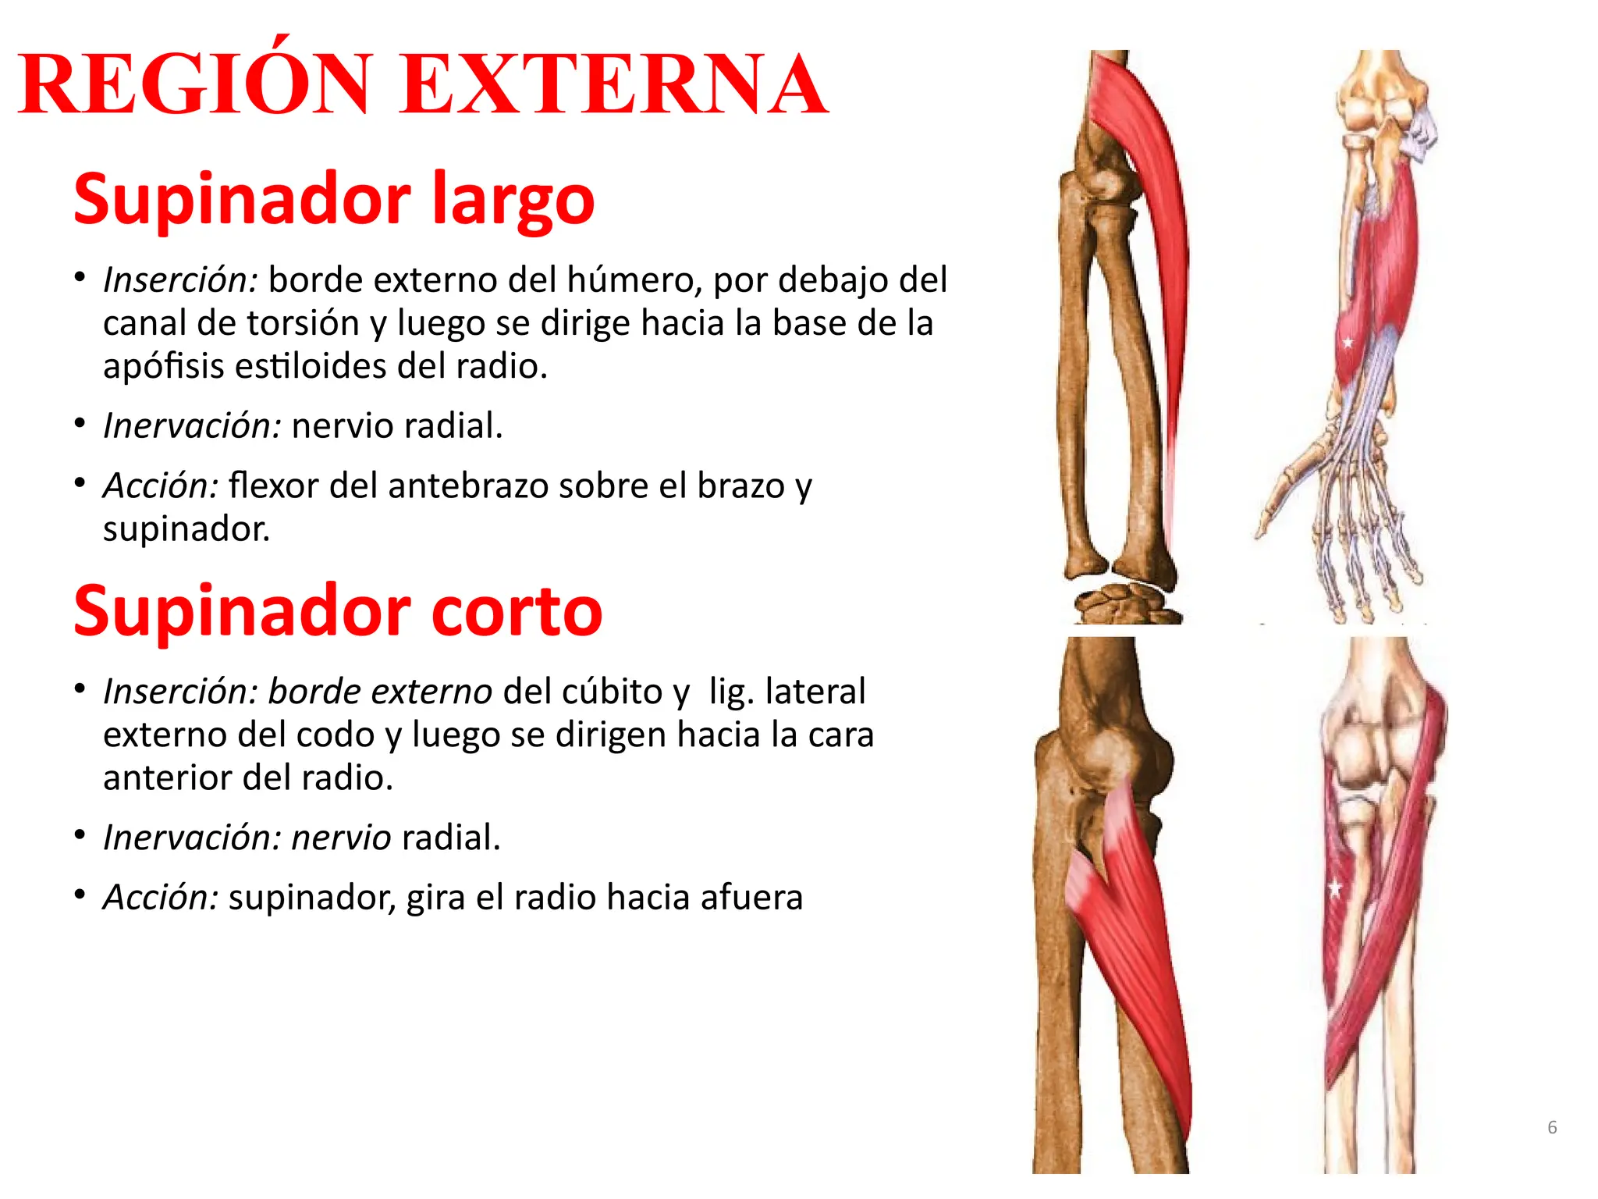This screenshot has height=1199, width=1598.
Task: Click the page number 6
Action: click(1552, 1127)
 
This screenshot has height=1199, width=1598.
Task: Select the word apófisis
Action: click(163, 366)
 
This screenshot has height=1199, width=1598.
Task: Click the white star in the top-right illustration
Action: click(1348, 342)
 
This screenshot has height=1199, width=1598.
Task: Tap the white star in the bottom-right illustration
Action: click(1335, 888)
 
